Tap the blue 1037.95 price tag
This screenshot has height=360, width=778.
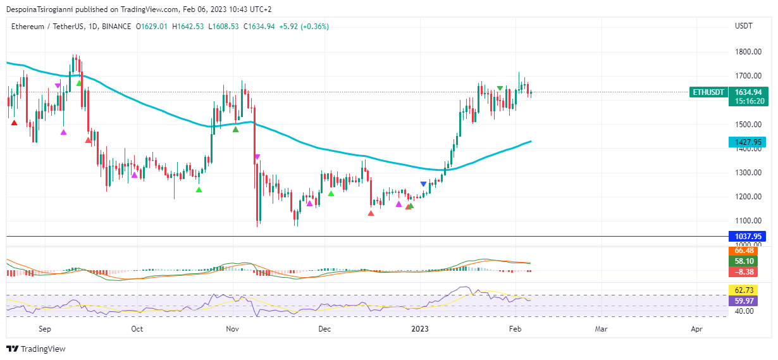747,237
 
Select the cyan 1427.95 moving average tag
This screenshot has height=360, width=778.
747,142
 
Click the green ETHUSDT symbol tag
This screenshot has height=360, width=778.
708,92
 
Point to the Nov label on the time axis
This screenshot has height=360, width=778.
232,329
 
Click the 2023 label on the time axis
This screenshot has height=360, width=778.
420,329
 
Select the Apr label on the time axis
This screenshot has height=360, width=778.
696,329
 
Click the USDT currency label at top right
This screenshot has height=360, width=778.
743,27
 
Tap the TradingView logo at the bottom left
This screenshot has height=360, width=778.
36,349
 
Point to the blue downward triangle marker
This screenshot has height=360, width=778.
423,184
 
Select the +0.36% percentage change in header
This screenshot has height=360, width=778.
314,27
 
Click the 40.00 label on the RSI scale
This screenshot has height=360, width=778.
744,311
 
